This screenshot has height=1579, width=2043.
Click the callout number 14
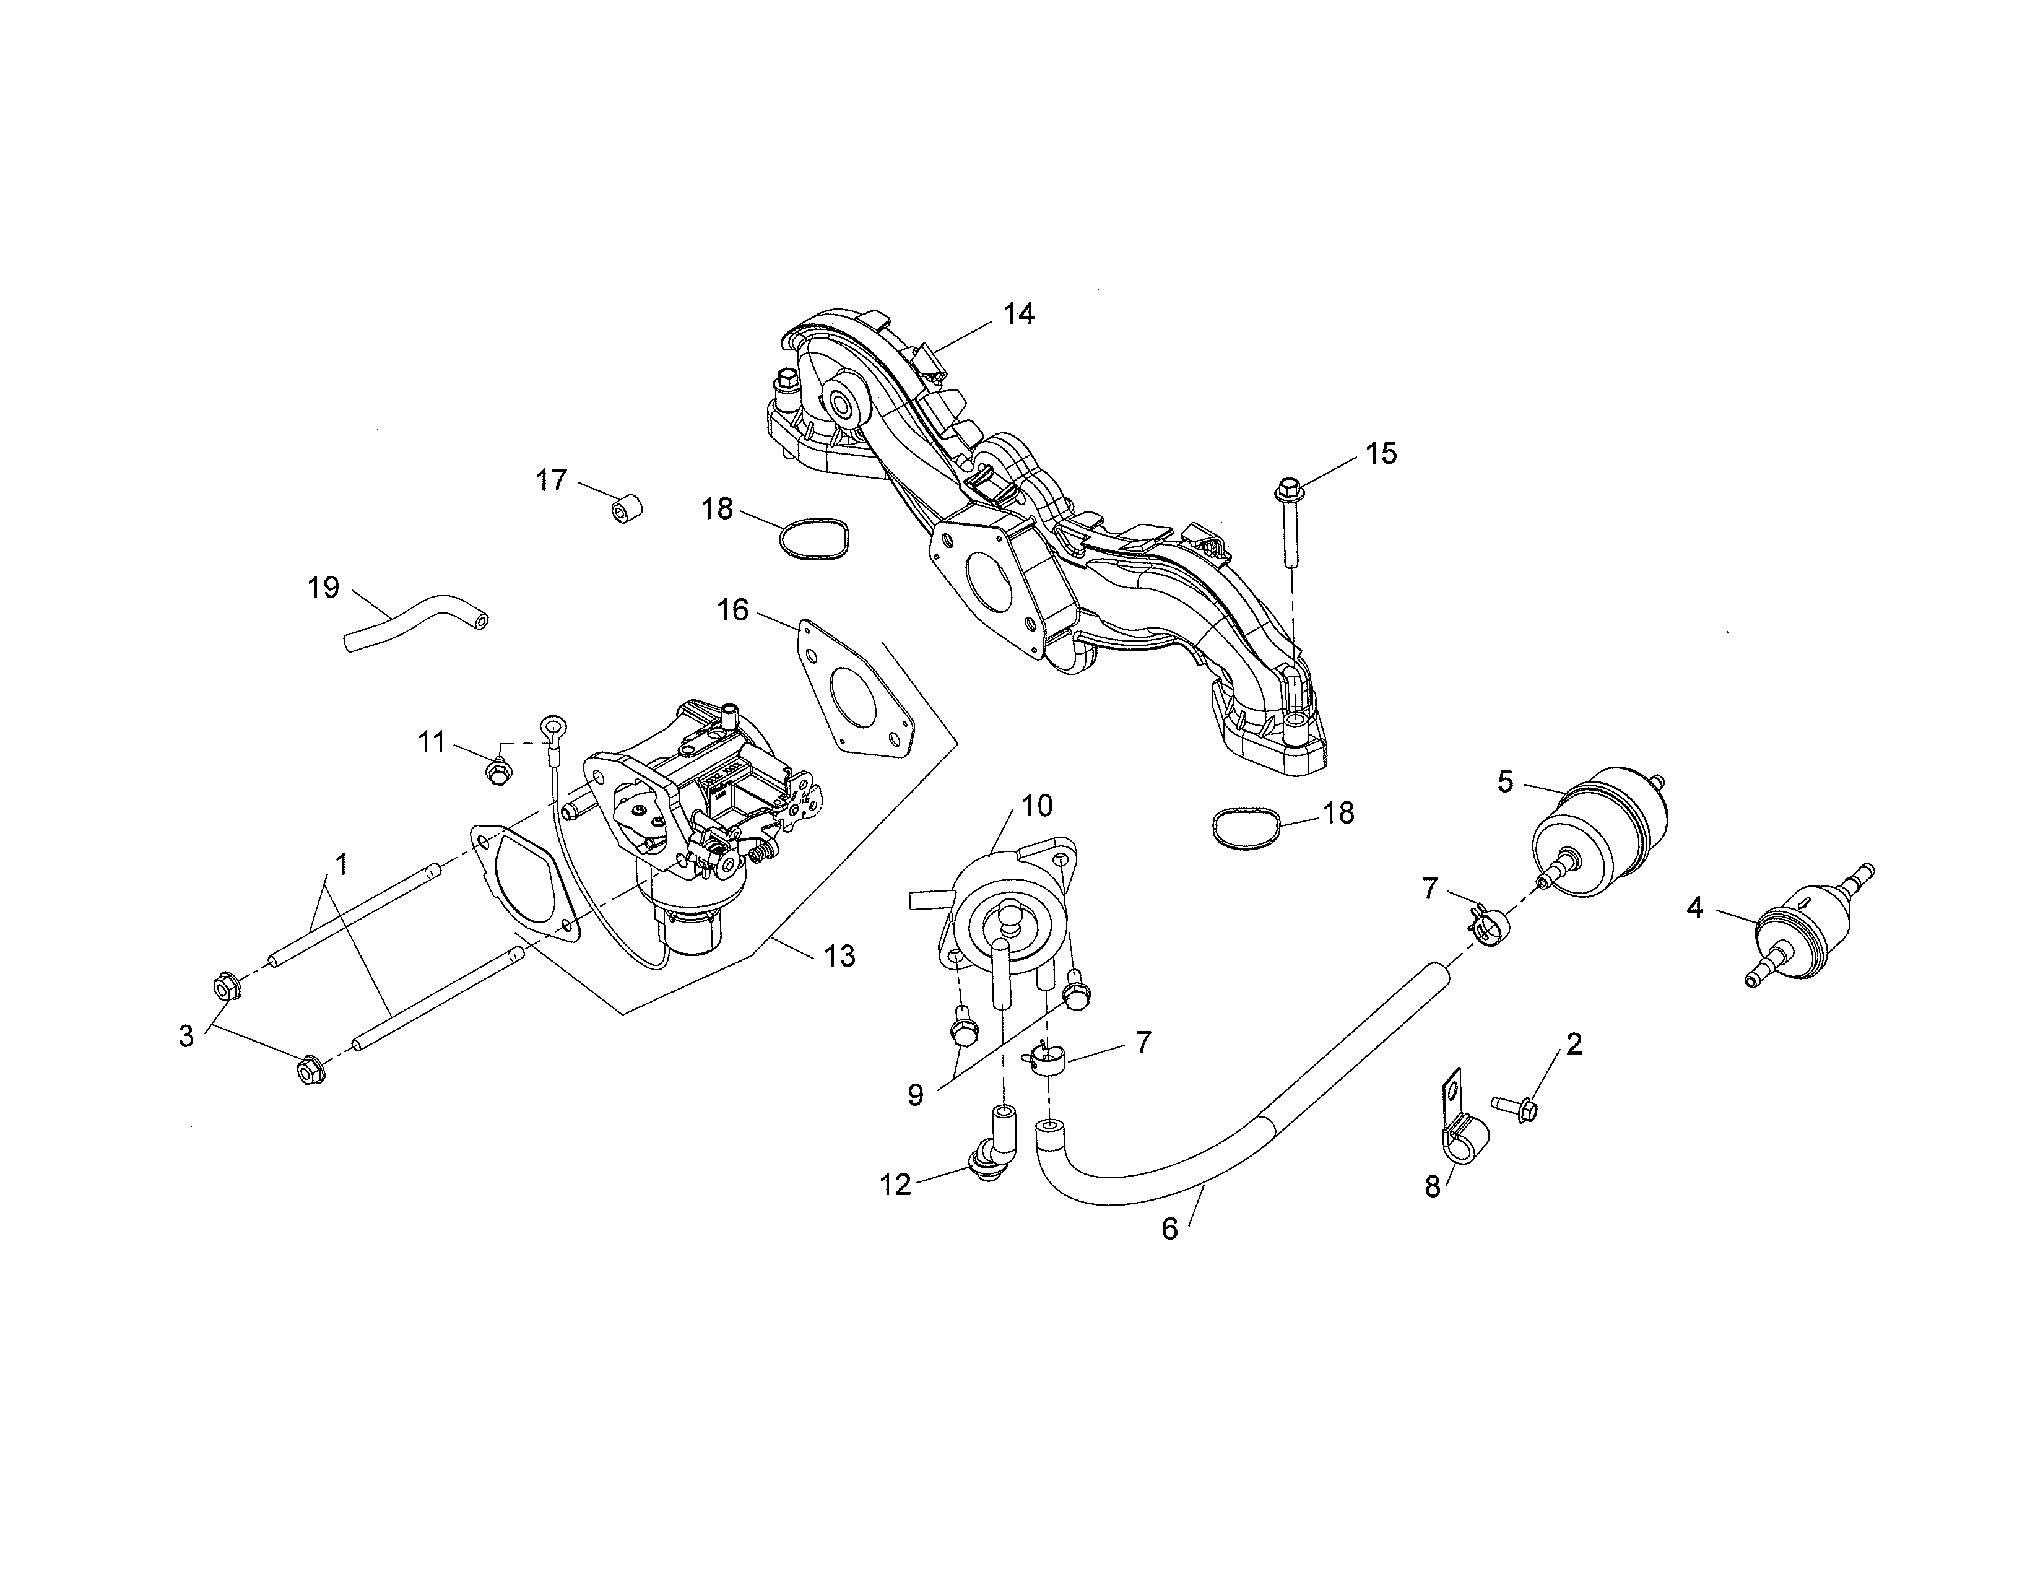(1018, 315)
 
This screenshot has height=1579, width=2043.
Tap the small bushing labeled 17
(627, 510)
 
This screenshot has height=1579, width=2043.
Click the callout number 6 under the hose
(1169, 1229)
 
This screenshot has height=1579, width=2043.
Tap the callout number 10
(1036, 806)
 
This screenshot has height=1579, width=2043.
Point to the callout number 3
(186, 1035)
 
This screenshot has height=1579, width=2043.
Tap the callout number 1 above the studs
(342, 863)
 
